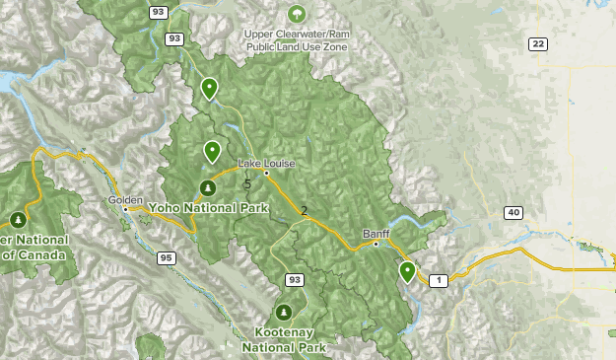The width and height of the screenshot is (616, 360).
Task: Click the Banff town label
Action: pos(376,233)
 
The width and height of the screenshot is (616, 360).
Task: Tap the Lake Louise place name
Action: pos(265,163)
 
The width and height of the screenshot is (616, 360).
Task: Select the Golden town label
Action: pos(125,199)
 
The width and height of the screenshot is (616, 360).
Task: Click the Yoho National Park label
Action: pos(209,208)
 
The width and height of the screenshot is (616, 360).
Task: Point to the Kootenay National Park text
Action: pos(284,339)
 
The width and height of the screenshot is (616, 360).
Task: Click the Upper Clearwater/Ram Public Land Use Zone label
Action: pos(296,37)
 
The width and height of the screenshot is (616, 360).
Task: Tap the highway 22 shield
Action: pos(537,43)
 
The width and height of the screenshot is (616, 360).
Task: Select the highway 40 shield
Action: pos(513,212)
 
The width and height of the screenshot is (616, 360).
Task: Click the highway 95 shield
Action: pos(166,257)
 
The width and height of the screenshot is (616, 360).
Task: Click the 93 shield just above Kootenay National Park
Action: pos(294,280)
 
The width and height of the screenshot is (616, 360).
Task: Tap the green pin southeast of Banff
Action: pos(407,271)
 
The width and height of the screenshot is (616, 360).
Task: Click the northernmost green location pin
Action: pos(209,88)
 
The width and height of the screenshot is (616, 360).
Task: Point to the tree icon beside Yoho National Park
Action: pos(207,187)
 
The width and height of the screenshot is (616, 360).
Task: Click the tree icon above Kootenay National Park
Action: pos(284,313)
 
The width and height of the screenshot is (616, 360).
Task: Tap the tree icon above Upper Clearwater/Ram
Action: pos(296,14)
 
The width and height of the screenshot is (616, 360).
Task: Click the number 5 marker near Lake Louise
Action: pos(247,183)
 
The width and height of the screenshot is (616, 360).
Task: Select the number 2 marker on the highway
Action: pos(304,210)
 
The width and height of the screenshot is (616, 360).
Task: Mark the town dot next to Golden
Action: pos(125,209)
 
